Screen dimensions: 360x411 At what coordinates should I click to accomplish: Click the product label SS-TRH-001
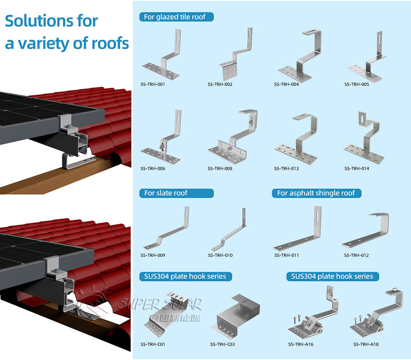pos(153,84)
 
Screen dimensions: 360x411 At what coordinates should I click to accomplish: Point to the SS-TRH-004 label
pos(286,84)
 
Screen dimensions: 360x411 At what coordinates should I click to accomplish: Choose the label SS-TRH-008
pos(220,168)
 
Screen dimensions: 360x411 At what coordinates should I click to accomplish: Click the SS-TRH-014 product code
pos(357,168)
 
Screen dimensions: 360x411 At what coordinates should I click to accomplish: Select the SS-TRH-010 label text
pos(220,255)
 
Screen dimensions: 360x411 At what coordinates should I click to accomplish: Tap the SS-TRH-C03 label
pos(222,344)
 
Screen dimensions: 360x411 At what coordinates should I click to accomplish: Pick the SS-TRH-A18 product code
pos(366,344)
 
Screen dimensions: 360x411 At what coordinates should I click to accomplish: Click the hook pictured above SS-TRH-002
pos(236,56)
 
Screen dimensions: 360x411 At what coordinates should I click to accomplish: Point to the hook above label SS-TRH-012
pos(366,230)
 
